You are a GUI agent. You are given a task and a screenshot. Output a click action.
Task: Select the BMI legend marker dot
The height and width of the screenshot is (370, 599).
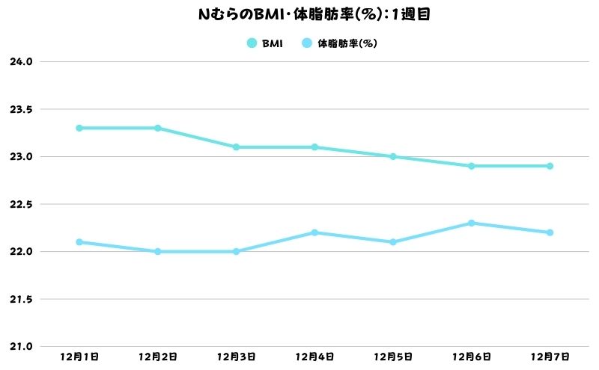tap(252, 43)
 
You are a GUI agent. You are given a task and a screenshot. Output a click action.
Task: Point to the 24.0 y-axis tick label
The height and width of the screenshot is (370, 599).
tap(22, 62)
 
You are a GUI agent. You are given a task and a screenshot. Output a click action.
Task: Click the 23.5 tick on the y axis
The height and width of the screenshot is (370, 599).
tap(22, 109)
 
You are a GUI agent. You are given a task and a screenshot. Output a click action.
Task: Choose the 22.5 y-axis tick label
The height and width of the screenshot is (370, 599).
tap(22, 204)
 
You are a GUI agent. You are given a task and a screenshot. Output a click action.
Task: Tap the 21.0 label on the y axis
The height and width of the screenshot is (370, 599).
tap(22, 347)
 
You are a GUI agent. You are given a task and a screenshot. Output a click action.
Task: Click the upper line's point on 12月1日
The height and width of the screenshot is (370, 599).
tap(79, 128)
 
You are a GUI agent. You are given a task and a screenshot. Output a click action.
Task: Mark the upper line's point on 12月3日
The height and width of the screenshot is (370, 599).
tap(236, 147)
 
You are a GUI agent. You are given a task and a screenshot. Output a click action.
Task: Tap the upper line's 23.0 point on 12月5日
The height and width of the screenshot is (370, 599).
tap(393, 156)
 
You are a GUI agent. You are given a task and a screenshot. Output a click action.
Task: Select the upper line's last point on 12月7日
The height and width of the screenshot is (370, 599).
tap(550, 166)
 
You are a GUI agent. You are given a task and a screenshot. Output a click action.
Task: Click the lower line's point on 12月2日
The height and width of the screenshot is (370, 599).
tap(157, 251)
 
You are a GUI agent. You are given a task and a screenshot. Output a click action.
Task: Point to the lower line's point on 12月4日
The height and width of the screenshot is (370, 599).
tap(314, 232)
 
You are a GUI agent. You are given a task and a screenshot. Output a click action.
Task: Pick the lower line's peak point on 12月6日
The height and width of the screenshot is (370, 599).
tap(471, 223)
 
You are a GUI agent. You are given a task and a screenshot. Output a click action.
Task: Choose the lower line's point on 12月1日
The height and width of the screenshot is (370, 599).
tap(79, 242)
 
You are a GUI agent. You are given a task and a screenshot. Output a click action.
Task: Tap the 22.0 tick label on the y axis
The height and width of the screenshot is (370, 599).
tap(22, 252)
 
